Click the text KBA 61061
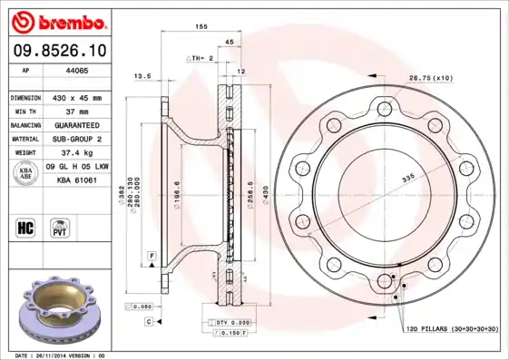click(77, 181)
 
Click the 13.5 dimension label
click(142, 77)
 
